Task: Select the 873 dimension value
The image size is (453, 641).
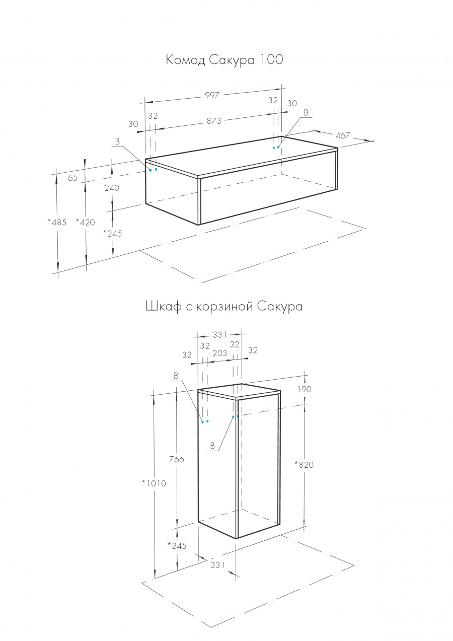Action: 213,121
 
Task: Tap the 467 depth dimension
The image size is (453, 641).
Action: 343,135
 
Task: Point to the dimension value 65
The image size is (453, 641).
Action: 72,178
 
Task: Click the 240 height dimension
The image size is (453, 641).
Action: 112,188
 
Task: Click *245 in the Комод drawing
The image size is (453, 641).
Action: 112,233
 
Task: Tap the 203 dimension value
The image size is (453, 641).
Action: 219,353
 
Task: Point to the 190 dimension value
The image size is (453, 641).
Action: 305,389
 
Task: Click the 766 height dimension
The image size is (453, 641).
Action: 177,459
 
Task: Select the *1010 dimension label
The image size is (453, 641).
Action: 154,483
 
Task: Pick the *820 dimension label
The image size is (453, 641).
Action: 304,465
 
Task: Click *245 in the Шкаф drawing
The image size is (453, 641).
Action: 177,546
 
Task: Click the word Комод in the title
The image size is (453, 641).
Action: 185,60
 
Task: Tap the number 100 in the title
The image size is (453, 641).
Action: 272,60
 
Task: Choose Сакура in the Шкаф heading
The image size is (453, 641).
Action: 280,306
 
